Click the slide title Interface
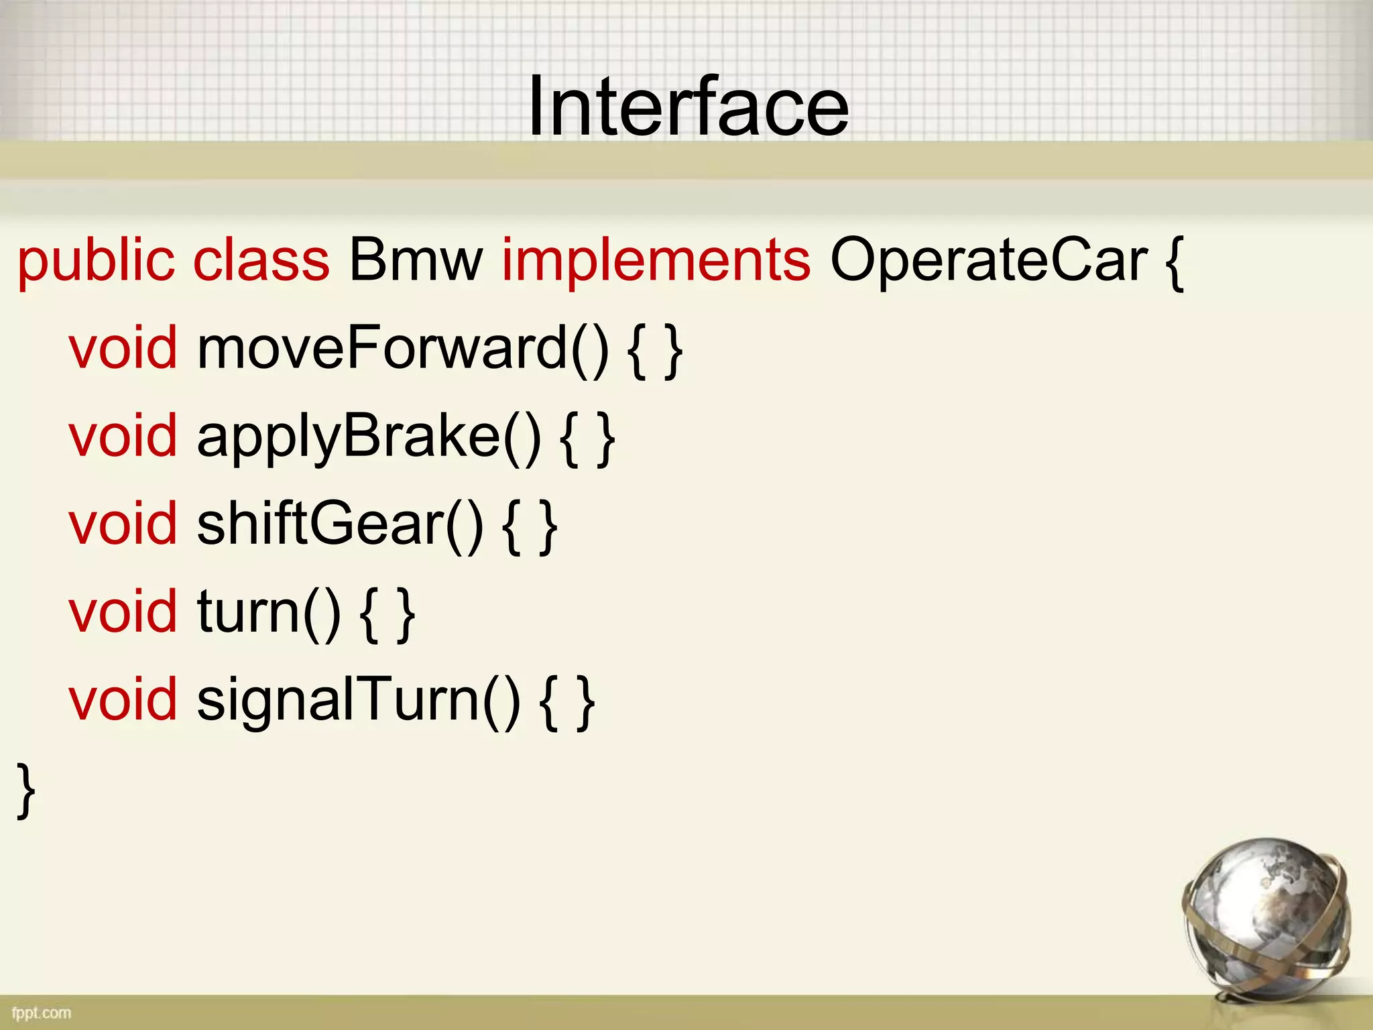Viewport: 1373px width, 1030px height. click(688, 107)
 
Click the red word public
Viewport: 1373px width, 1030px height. click(96, 261)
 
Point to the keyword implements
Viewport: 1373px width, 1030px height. click(656, 261)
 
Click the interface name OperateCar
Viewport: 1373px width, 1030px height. click(989, 261)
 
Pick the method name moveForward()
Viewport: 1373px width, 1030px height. click(403, 348)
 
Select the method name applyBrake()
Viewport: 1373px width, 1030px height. click(369, 437)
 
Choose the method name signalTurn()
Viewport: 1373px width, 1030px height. click(358, 701)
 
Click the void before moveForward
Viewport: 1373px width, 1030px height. click(123, 348)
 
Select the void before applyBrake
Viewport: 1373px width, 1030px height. click(123, 437)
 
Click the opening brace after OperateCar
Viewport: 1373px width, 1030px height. click(1174, 262)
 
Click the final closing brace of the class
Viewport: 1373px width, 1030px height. click(26, 791)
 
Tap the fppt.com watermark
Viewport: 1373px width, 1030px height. click(41, 1012)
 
